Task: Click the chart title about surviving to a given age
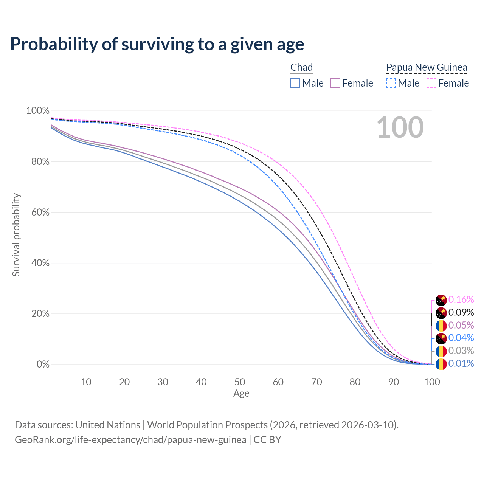[157, 44]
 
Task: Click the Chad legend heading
[301, 68]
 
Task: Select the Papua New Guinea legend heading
[427, 68]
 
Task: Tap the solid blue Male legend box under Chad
[295, 83]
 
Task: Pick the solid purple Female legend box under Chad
[335, 83]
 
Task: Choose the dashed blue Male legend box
[391, 83]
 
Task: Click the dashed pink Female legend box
[431, 83]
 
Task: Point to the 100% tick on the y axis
[38, 111]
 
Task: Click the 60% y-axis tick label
[40, 213]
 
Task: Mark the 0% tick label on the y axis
[43, 365]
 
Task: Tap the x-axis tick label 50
[240, 382]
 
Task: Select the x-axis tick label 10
[86, 382]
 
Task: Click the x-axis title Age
[241, 394]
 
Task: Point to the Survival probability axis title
[16, 235]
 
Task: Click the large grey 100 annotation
[400, 127]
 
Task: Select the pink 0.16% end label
[461, 300]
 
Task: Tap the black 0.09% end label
[461, 313]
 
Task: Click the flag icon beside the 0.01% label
[441, 364]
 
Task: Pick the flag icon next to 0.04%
[441, 338]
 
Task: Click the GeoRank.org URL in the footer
[130, 440]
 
